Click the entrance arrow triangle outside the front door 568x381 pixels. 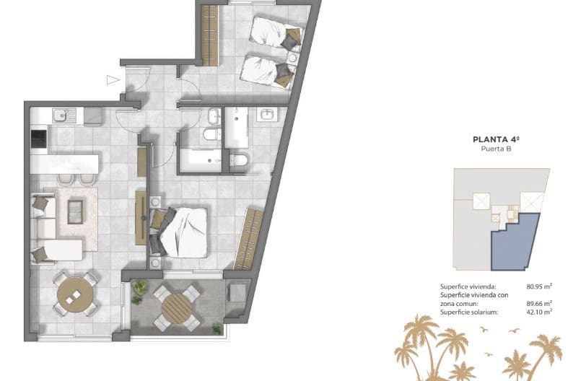point(112,80)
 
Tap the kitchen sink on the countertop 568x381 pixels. point(61,114)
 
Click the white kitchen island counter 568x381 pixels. point(71,164)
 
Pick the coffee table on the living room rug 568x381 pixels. point(75,211)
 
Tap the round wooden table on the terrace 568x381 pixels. point(175,308)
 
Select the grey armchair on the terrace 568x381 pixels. point(236,292)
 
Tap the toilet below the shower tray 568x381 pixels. point(239,160)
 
